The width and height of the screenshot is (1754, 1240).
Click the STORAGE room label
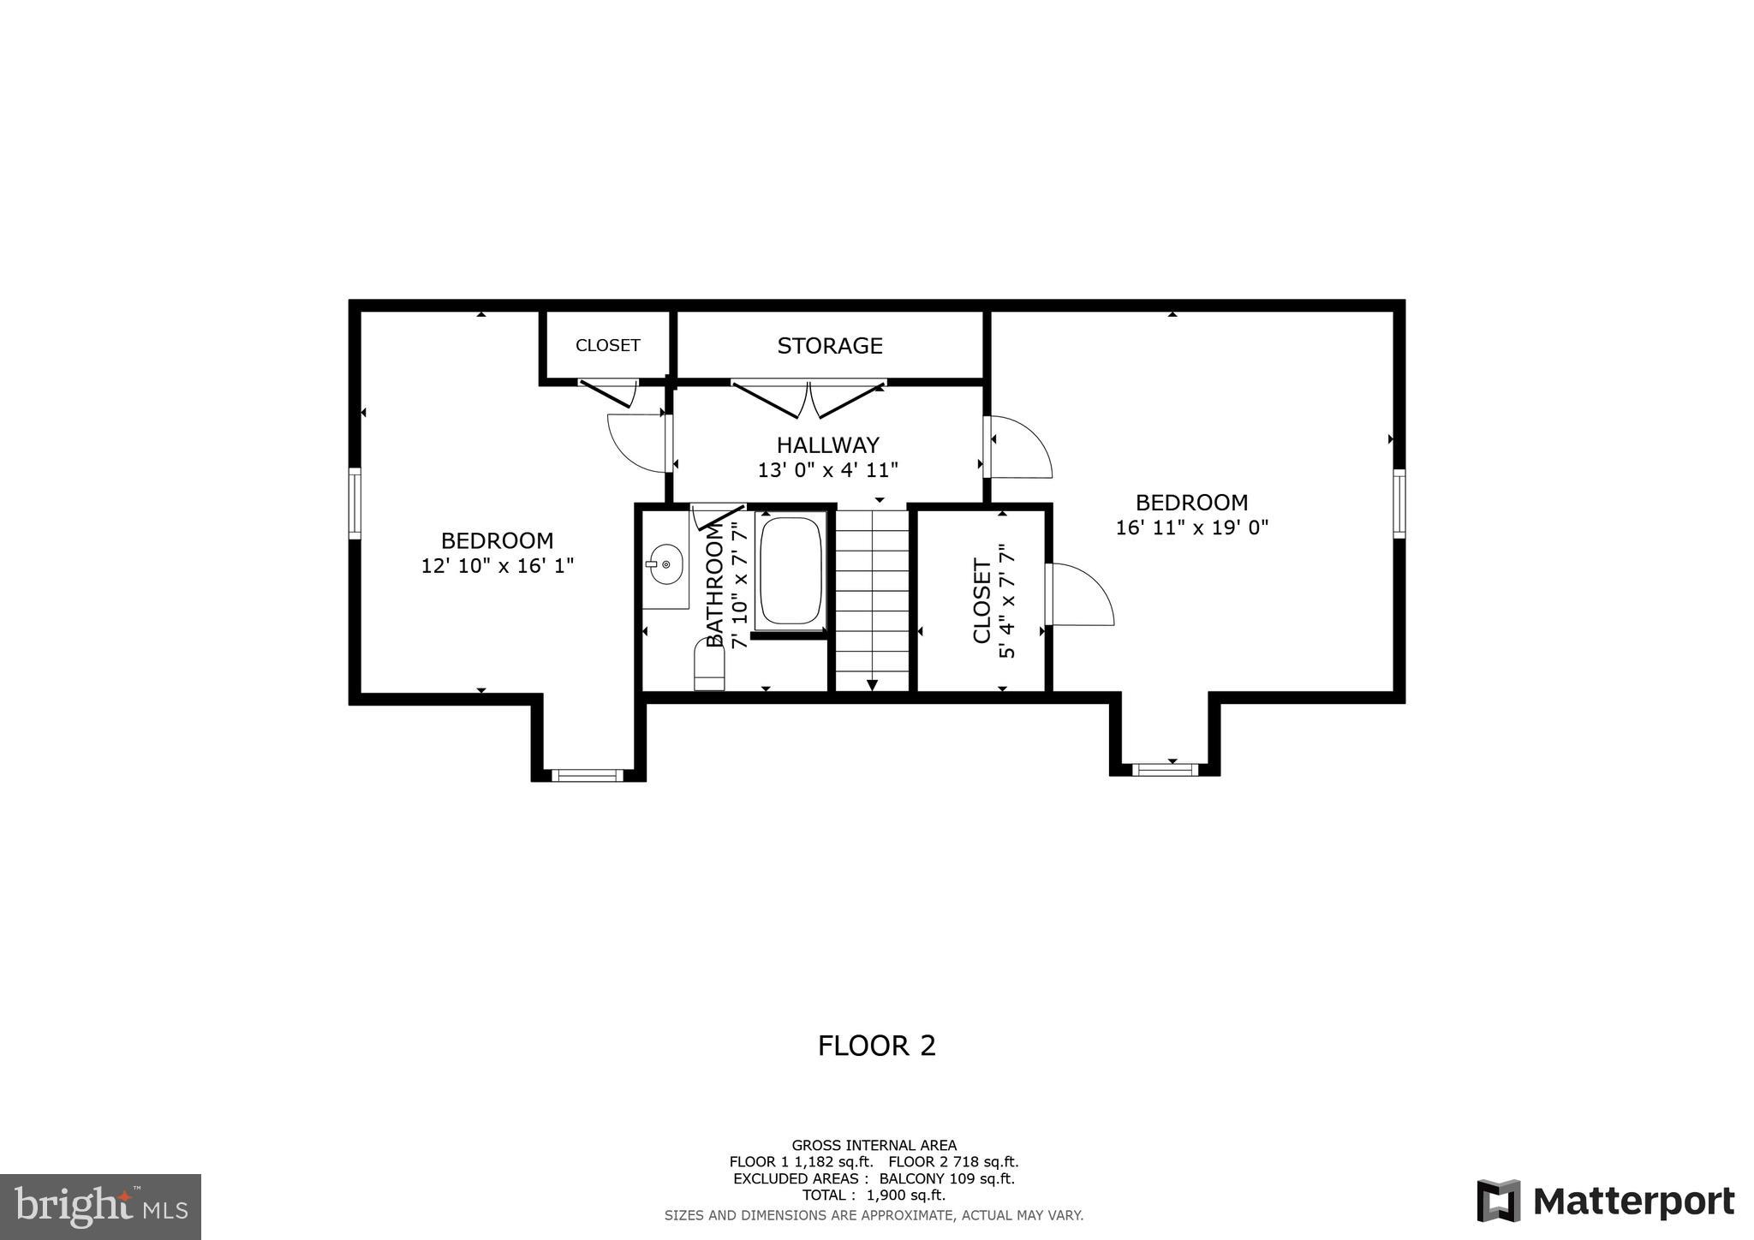(829, 346)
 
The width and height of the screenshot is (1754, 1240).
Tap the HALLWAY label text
(827, 445)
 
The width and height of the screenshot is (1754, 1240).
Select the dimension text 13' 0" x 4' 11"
(827, 470)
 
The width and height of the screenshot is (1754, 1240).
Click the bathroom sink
(665, 565)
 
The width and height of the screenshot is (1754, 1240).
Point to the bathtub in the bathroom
(790, 570)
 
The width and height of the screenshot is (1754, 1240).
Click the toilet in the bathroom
(708, 668)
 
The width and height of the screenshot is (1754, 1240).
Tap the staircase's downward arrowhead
(872, 683)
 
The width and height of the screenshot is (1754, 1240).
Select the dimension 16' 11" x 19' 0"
(1191, 528)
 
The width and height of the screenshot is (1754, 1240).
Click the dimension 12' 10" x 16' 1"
(497, 566)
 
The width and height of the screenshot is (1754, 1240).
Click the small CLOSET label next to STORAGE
(607, 346)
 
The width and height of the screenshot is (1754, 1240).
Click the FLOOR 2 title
(876, 1046)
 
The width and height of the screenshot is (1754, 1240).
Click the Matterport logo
(1605, 1201)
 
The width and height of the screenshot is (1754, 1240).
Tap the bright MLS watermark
(101, 1207)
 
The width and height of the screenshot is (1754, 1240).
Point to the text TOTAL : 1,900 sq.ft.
(874, 1195)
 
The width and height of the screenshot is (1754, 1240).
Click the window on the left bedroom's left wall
(355, 503)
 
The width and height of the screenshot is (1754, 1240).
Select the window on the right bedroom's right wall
(1399, 503)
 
